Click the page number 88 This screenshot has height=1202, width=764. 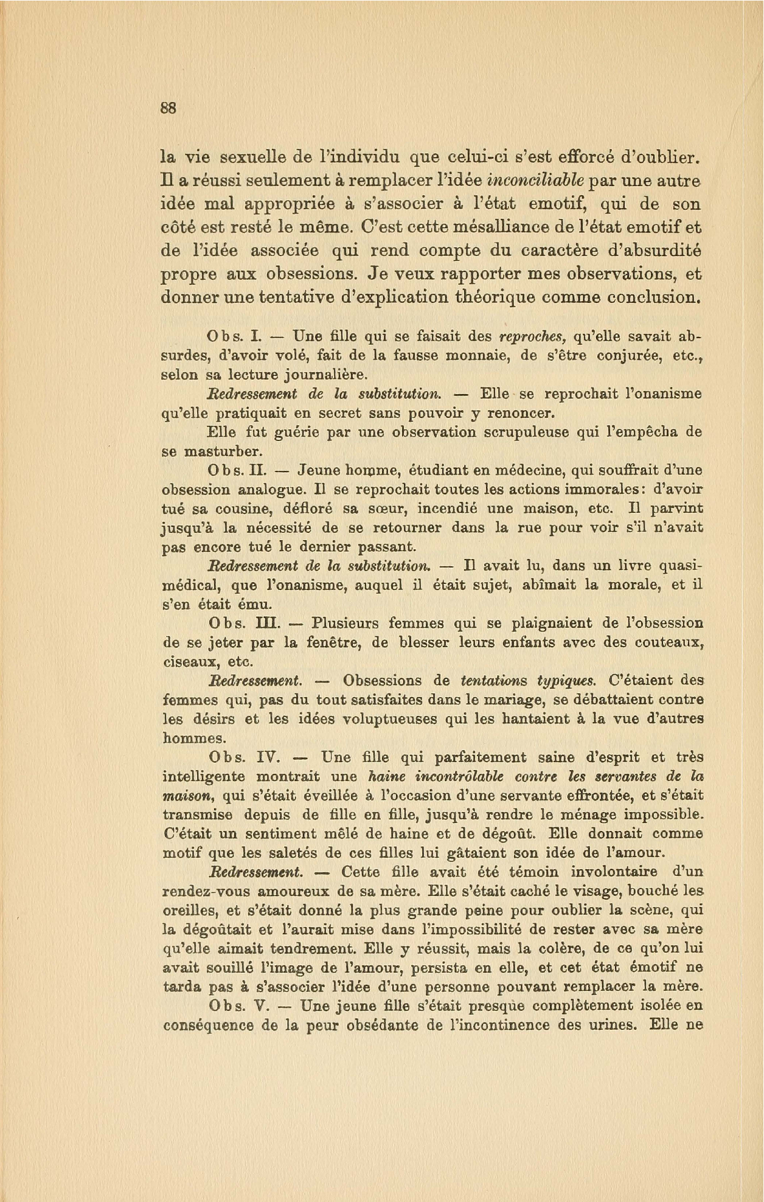coord(168,108)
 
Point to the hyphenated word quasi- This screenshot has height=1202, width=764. coord(677,566)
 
